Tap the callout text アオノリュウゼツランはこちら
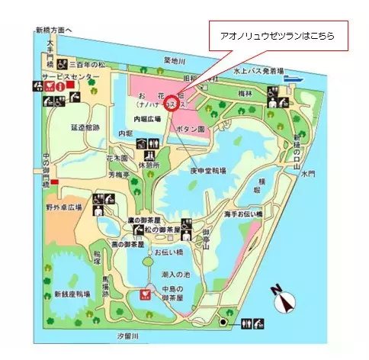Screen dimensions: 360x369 tap(277, 36)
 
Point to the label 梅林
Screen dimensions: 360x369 tap(245, 92)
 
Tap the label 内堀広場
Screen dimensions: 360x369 tap(148, 119)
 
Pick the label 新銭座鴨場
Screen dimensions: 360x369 tap(72, 294)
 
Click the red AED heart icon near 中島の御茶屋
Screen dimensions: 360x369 tap(142, 294)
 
